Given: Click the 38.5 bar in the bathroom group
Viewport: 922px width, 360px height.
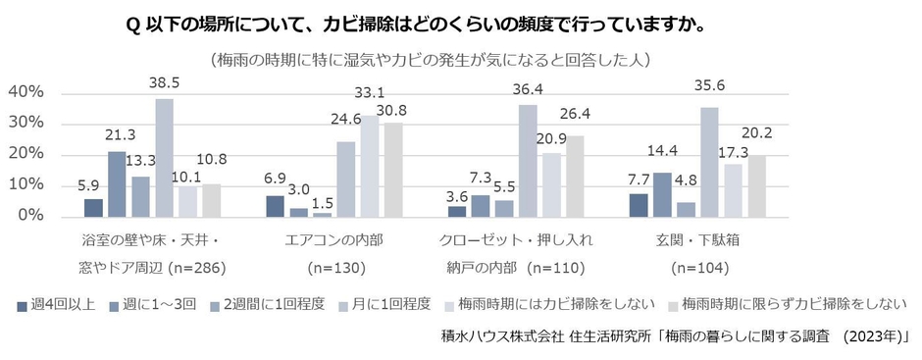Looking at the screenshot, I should (x=164, y=157).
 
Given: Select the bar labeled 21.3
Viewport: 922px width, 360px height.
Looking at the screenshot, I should (x=117, y=183).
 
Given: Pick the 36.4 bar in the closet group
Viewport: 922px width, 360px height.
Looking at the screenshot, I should (x=528, y=160).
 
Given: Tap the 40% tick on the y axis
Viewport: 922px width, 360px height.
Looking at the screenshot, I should (x=25, y=92).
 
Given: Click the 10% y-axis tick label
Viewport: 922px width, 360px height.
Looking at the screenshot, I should (x=25, y=185).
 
